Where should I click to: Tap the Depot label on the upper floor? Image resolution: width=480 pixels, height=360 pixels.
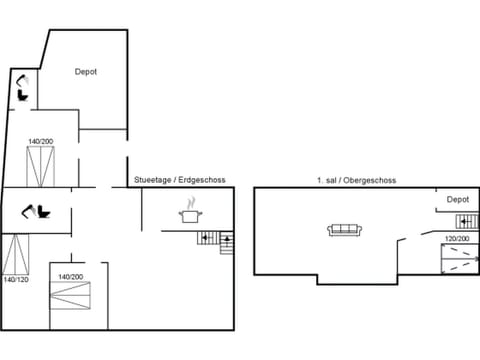457,199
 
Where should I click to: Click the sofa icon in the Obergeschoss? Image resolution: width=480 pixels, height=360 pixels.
344,230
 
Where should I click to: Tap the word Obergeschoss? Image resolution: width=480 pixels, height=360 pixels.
369,180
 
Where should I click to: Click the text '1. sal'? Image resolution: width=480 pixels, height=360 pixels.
325,180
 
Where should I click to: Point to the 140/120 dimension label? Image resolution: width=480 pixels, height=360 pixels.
16,280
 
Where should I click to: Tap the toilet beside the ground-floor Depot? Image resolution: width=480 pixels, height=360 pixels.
22,89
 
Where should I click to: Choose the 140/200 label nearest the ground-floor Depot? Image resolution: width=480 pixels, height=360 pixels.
40,142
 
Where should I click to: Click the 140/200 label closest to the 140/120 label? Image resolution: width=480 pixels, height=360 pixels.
69,276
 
